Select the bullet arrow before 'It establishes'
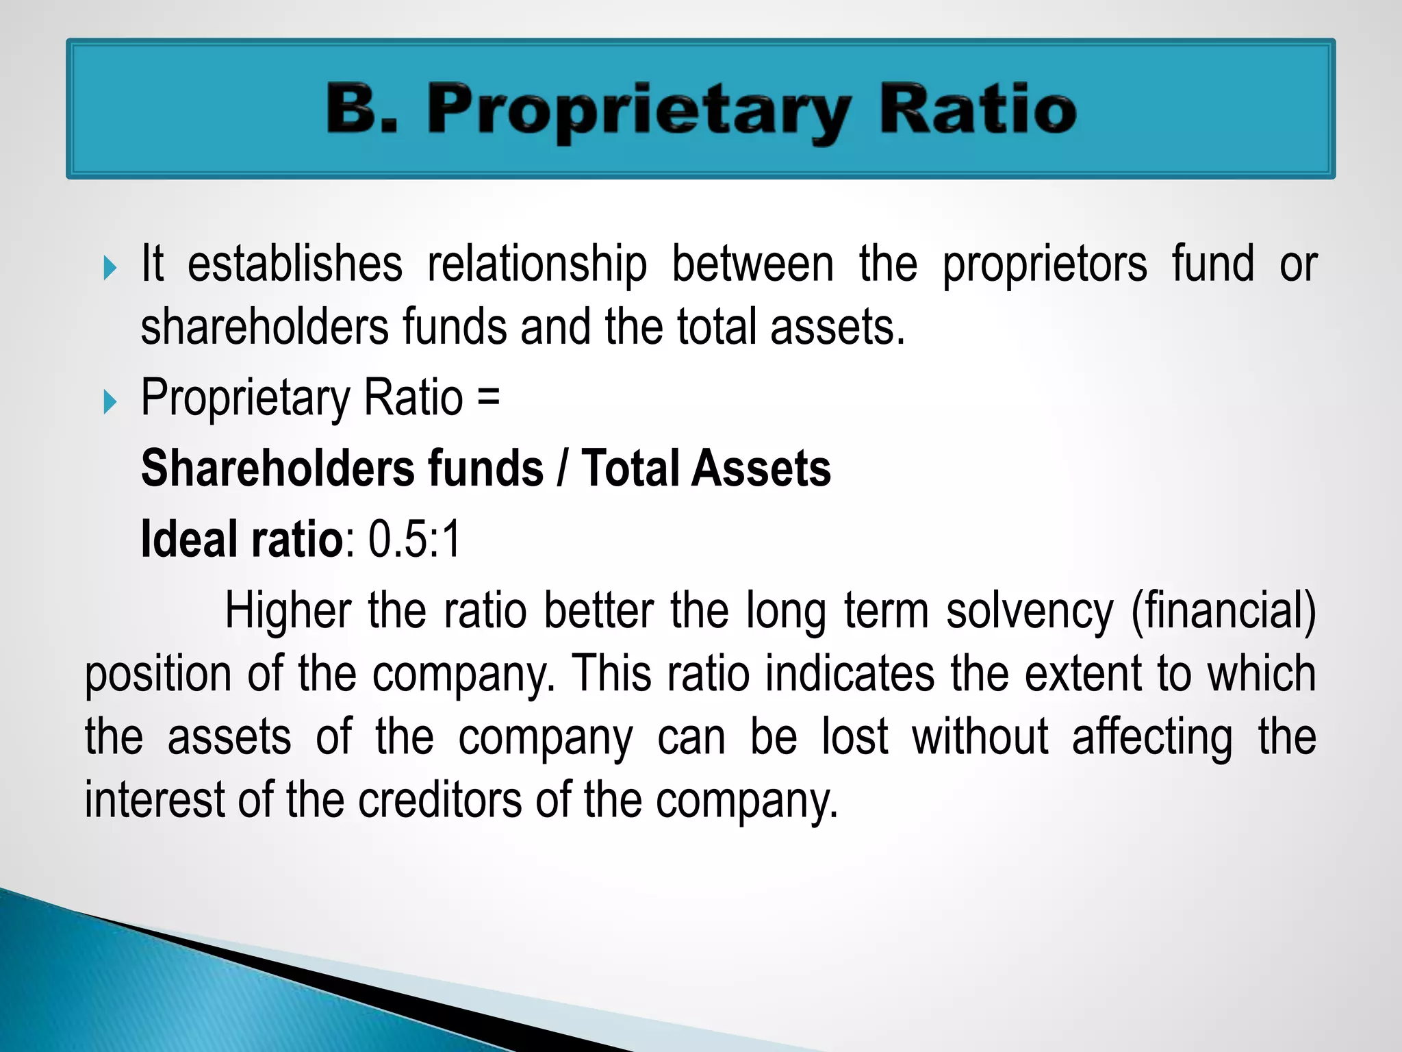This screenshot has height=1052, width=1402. pyautogui.click(x=110, y=267)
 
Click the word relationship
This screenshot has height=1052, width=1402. pyautogui.click(x=537, y=266)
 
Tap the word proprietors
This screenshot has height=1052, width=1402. pyautogui.click(x=1045, y=266)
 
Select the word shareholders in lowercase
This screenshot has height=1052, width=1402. pyautogui.click(x=264, y=327)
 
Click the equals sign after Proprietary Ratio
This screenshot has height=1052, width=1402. pyautogui.click(x=489, y=397)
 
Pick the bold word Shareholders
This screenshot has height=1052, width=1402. pyautogui.click(x=277, y=468)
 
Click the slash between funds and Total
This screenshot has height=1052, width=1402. pyautogui.click(x=562, y=470)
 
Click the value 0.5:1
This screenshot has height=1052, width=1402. pyautogui.click(x=415, y=540)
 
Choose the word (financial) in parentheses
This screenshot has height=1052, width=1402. pyautogui.click(x=1223, y=612)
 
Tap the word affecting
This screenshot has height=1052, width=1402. pyautogui.click(x=1152, y=738)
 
